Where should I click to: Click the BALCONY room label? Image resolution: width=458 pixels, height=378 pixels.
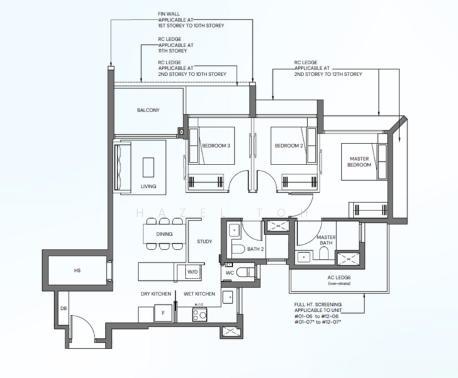pos(148,110)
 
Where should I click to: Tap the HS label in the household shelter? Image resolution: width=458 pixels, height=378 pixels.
pos(77,271)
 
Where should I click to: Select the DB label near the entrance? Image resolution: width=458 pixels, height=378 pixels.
pos(64,308)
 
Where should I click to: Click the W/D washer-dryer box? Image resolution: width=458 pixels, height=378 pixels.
pos(193,272)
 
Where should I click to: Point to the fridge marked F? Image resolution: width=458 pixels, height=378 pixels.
pos(164,313)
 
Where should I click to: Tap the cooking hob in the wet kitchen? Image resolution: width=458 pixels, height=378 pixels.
pos(200,314)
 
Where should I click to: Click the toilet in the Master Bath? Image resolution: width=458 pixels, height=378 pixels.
pos(324,253)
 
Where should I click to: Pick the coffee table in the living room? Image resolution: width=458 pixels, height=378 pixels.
pos(148,168)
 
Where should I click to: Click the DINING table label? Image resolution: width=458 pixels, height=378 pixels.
pos(164,234)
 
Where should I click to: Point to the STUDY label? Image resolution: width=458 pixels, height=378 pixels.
pos(204,242)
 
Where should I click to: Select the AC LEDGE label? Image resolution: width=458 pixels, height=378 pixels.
pos(339,277)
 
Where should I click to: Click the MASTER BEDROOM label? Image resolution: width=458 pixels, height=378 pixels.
pos(359,162)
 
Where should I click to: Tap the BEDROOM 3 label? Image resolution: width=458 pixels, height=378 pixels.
pos(216,146)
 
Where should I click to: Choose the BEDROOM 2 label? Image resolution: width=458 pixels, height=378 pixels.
pos(289,146)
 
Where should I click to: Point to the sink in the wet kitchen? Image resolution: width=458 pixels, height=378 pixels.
pos(228,297)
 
